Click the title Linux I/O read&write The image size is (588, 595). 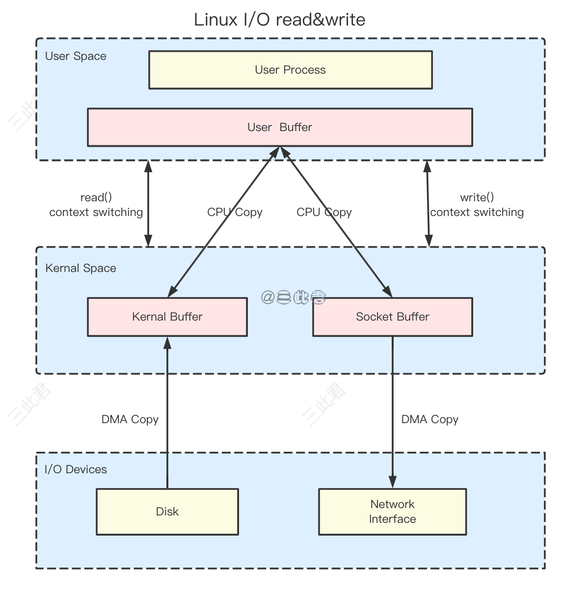coord(279,20)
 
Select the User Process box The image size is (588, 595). coord(290,70)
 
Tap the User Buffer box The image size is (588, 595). coord(280,127)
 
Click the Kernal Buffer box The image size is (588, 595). coord(167,317)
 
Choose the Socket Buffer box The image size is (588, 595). coord(392,317)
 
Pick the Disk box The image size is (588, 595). coord(167,512)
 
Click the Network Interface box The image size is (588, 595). coord(392,512)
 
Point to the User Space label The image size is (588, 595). coord(76,56)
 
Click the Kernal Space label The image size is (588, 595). coord(80,268)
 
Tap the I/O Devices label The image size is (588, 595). coord(76,469)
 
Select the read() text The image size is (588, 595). coord(96,197)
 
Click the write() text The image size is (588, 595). coord(477,197)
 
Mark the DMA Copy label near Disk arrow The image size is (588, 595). coord(130,419)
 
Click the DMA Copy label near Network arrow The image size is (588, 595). coord(429,419)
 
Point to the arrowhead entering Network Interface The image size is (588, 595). coord(392,482)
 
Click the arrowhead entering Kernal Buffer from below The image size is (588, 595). coord(167,343)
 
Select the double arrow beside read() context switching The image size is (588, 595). coord(148,203)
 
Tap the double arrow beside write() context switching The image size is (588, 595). coord(428,203)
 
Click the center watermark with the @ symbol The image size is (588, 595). coord(294,297)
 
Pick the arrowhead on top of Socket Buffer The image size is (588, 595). coord(387,292)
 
